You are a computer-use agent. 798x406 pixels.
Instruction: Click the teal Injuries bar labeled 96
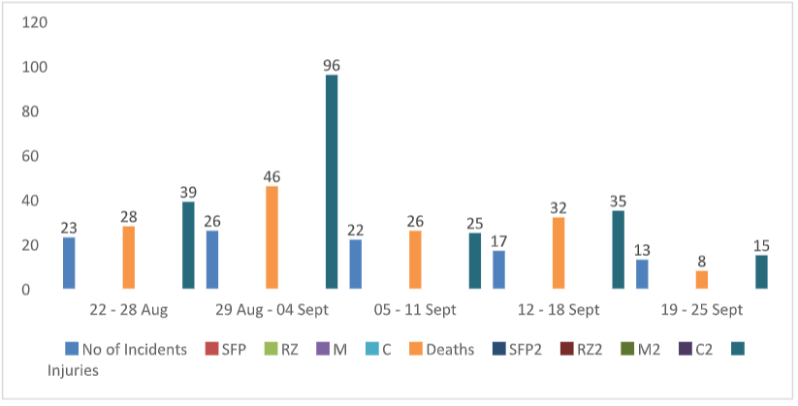332,181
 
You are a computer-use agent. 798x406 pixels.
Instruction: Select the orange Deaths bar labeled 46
271,237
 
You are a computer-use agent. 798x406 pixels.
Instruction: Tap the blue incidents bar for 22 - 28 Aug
69,263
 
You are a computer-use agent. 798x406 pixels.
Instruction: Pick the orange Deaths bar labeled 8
702,280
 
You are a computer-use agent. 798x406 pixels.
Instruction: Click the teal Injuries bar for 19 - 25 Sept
761,272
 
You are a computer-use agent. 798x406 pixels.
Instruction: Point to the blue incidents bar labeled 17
498,269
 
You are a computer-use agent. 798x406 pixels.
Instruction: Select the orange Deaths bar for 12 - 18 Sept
559,253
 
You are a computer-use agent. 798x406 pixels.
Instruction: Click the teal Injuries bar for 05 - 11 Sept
475,261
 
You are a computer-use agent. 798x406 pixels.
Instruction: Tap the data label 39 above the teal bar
188,192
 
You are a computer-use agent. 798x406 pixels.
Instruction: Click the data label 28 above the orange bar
128,217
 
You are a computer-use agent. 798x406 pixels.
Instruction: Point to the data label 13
642,250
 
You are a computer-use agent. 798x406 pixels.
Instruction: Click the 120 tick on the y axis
35,22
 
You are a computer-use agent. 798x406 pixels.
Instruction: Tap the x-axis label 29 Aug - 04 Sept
271,310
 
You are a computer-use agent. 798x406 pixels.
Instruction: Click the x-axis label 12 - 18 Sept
559,310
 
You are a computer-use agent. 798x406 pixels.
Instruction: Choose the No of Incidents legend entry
126,350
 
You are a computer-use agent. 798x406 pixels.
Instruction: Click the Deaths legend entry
442,350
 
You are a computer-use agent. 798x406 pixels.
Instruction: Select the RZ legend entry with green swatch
281,350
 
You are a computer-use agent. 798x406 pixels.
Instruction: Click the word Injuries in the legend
73,370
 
